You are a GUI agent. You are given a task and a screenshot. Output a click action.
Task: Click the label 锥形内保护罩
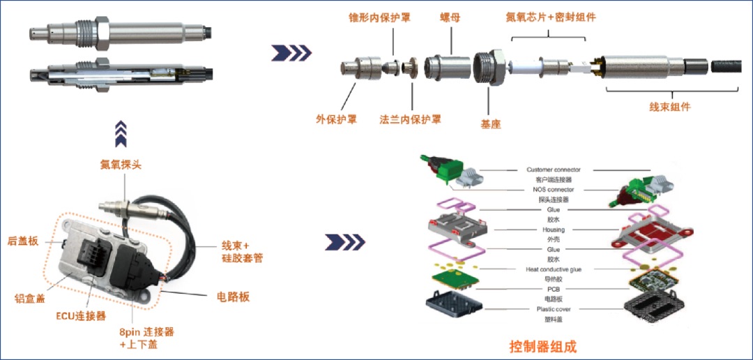pos(380,18)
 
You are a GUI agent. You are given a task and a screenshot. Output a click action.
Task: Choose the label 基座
pos(491,124)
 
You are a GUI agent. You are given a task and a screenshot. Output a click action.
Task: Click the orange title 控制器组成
pos(542,346)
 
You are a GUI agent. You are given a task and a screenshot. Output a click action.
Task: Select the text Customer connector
pos(553,170)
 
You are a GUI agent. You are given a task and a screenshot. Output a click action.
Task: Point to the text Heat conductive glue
pos(553,269)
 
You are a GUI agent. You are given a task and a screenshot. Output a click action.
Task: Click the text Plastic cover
pos(553,309)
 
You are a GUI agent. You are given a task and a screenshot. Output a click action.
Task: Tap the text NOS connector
pos(553,190)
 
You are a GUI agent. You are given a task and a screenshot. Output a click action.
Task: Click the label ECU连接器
pos(81,316)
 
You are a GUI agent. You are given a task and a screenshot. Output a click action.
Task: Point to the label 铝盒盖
pos(30,299)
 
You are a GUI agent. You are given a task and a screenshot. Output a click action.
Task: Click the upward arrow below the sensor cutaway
pos(121,134)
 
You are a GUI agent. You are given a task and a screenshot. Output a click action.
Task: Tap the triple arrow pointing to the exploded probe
pos(291,53)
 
